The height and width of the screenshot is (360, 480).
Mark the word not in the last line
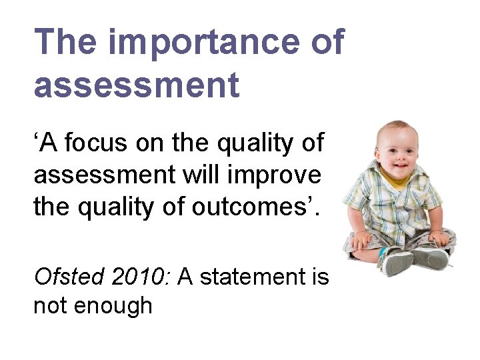point(51,306)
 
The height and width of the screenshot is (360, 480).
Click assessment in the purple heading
point(136,85)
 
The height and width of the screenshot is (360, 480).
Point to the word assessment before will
point(99,176)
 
